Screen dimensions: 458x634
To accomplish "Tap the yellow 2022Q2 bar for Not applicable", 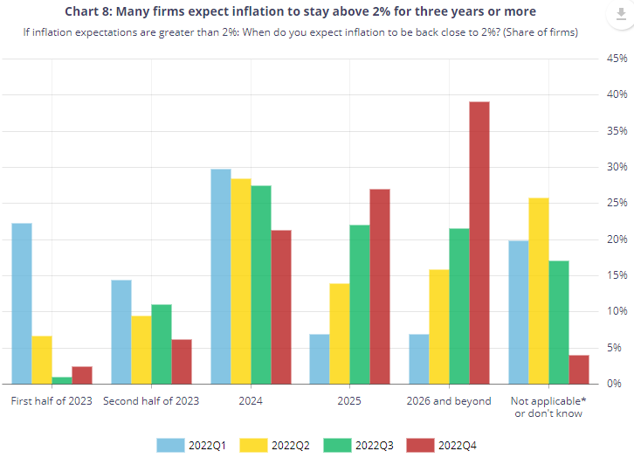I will (x=539, y=290).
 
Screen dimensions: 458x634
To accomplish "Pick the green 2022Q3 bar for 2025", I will (x=360, y=304).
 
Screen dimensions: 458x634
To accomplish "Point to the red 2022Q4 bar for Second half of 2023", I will (x=182, y=361).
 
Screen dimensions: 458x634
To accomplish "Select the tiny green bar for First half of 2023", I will (x=62, y=380).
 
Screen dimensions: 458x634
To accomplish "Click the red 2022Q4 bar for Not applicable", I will (x=579, y=369).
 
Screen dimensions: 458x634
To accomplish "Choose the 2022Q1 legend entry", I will (x=190, y=444).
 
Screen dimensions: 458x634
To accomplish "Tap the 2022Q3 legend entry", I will (x=363, y=444).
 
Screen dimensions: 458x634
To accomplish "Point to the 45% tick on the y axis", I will (x=617, y=59).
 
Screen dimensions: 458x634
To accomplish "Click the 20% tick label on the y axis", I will (x=617, y=239).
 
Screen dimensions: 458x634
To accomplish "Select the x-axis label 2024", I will (x=251, y=401).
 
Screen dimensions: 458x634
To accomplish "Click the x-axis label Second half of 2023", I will (x=151, y=401).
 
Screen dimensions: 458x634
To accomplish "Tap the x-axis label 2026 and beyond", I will (x=449, y=401).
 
